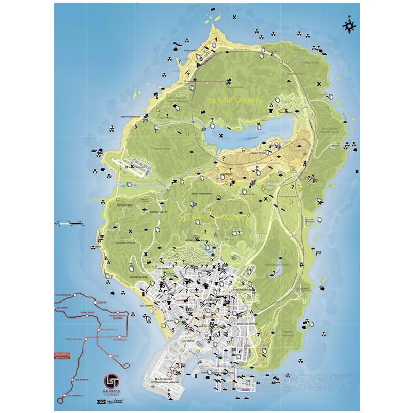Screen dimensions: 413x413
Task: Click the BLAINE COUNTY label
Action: pyautogui.click(x=234, y=101)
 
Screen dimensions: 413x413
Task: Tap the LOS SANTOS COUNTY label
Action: pyautogui.click(x=213, y=219)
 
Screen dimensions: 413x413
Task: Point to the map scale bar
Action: pyautogui.click(x=70, y=223)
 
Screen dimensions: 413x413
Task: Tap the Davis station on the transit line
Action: pyautogui.click(x=115, y=356)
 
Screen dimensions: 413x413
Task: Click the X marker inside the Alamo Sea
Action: pyautogui.click(x=221, y=135)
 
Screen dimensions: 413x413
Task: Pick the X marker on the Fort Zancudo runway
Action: pyautogui.click(x=132, y=167)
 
